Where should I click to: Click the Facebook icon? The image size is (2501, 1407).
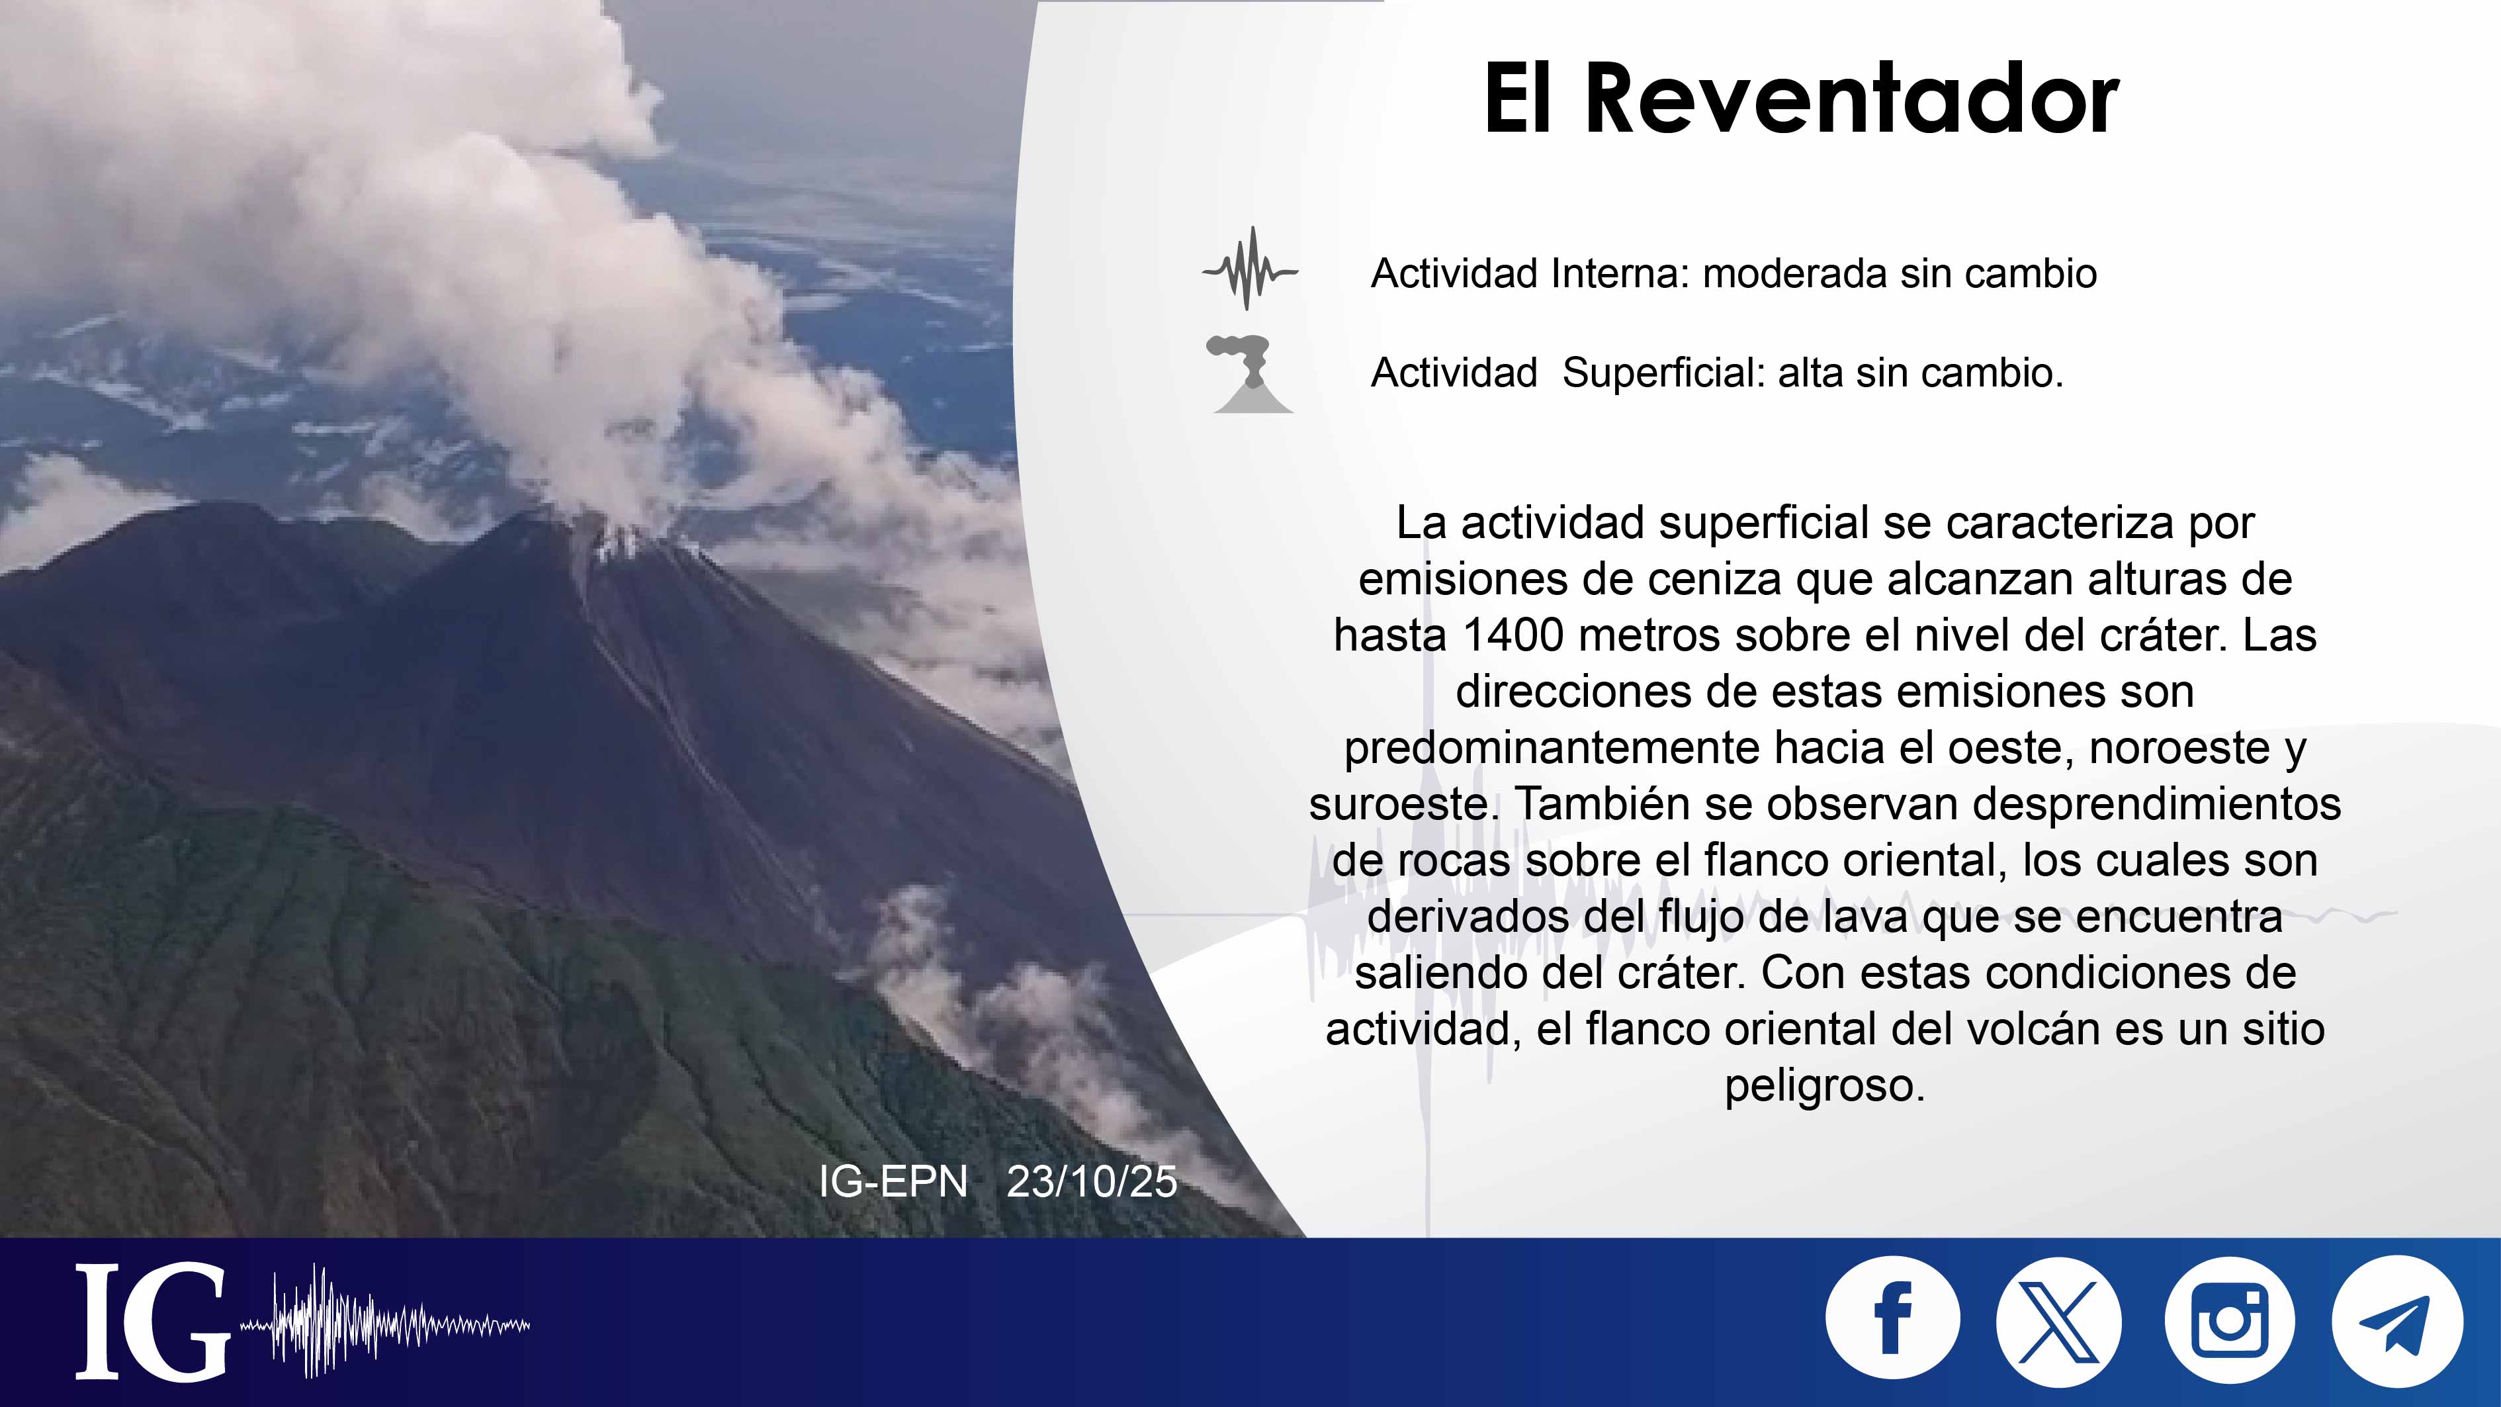point(1892,1320)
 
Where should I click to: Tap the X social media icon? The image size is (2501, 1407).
point(2059,1320)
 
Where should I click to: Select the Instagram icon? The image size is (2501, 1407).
point(2229,1320)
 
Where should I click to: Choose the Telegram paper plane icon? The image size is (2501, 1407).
point(2397,1320)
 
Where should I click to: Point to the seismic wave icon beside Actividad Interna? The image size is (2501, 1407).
point(1250,269)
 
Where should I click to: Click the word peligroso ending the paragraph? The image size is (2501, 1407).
point(1824,1085)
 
